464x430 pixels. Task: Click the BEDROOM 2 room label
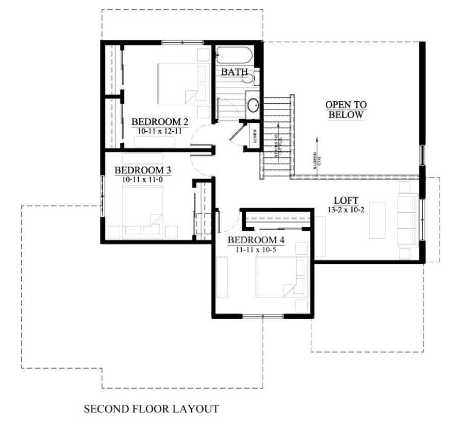coord(160,122)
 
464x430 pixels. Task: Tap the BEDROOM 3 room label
coord(143,170)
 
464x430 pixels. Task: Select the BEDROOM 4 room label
coord(256,240)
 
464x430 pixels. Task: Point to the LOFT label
coord(346,200)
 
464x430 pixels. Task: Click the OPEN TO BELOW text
coord(346,110)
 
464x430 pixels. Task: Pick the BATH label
coord(234,72)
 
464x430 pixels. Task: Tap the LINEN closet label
coord(255,136)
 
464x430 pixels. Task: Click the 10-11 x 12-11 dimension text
coord(160,132)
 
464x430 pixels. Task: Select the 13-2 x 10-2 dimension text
coord(346,210)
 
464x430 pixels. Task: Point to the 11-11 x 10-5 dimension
coord(256,250)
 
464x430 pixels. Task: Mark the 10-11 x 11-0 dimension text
coord(143,180)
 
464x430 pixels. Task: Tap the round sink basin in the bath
coord(253,106)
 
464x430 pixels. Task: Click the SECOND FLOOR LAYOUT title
coord(151,409)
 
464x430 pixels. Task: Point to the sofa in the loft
coord(408,220)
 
